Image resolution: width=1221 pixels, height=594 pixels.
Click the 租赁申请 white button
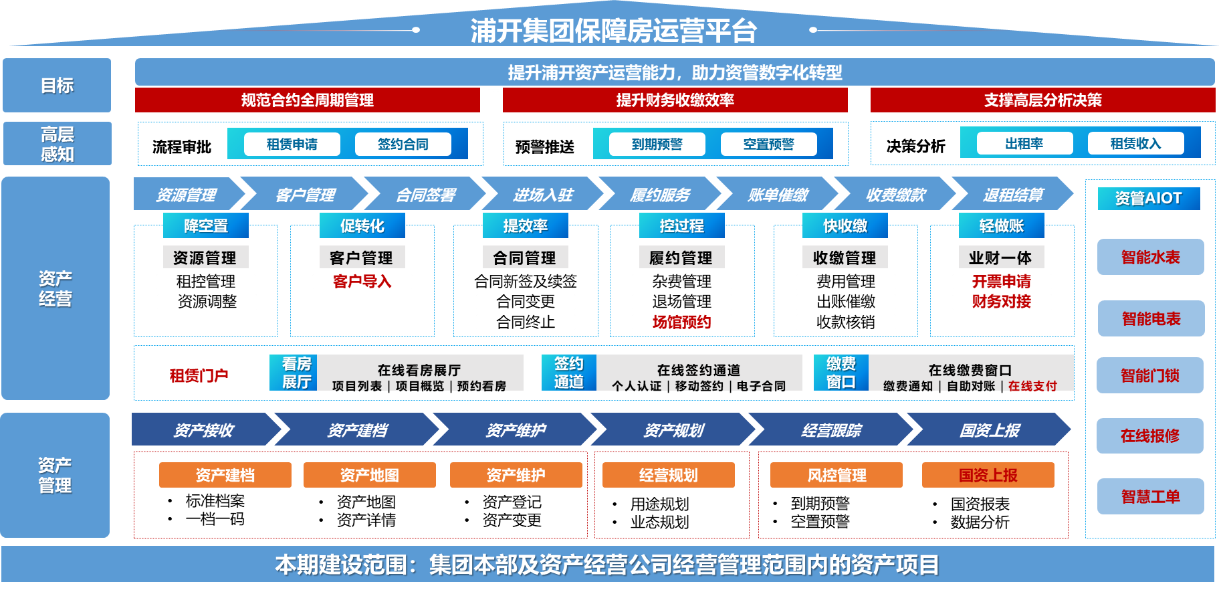[x=292, y=144]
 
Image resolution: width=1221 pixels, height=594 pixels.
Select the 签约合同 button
[x=403, y=144]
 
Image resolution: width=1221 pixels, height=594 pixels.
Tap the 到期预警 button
[x=657, y=144]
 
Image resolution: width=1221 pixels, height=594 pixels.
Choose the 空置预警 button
[x=768, y=144]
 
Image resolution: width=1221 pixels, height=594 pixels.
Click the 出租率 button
[x=1024, y=143]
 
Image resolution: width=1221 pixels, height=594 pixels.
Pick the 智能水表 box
[x=1150, y=257]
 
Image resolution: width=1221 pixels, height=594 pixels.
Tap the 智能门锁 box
[x=1150, y=376]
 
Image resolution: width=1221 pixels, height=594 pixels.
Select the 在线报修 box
[x=1150, y=436]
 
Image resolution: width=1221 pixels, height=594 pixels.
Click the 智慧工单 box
[x=1150, y=496]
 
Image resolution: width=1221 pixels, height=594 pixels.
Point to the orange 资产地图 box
[x=369, y=475]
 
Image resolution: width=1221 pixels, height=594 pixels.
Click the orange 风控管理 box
[x=836, y=475]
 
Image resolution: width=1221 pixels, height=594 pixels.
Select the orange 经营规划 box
[x=668, y=475]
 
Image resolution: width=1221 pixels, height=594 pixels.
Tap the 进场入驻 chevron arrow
[x=543, y=195]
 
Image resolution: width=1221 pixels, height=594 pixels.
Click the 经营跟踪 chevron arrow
[x=831, y=429]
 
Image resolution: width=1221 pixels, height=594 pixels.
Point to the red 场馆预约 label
[x=681, y=322]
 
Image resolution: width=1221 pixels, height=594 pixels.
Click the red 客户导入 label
[x=362, y=282]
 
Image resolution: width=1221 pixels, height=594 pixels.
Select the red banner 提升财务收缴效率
[x=675, y=100]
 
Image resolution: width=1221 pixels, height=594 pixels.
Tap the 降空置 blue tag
[x=206, y=225]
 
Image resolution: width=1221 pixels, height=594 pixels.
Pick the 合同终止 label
[x=526, y=322]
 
